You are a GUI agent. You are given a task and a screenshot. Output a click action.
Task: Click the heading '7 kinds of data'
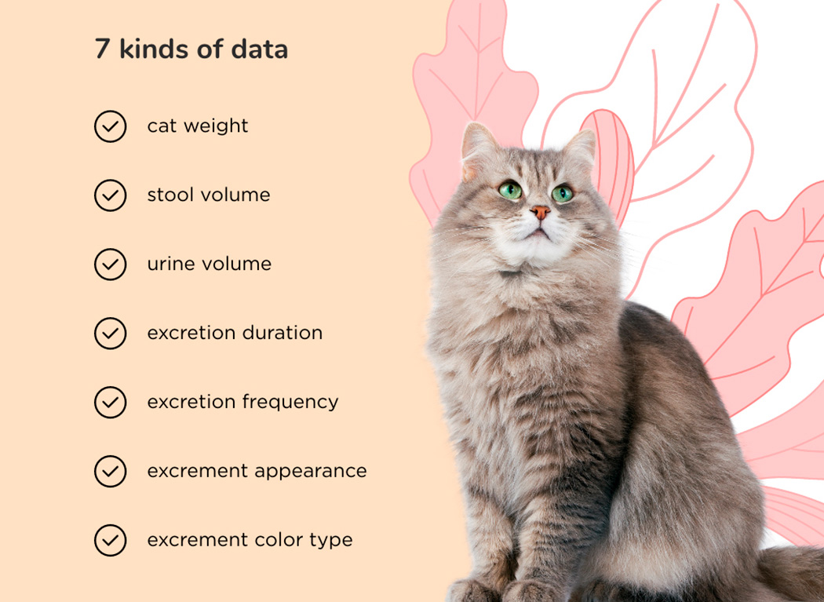[191, 49]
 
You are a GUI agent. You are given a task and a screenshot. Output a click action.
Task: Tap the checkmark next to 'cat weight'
[111, 126]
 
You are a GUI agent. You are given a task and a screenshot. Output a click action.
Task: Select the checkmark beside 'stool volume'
[111, 195]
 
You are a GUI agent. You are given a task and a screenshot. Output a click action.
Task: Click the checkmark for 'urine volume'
[111, 265]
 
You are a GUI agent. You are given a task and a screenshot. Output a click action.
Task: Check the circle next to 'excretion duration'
[111, 334]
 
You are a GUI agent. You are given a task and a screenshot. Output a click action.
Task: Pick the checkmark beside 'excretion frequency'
[111, 402]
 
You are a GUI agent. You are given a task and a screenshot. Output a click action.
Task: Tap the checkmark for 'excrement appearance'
[111, 471]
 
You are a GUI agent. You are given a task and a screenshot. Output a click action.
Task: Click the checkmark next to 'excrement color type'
[111, 540]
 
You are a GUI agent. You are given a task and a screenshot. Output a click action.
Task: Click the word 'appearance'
[311, 472]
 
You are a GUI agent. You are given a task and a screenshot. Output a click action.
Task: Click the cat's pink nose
[540, 213]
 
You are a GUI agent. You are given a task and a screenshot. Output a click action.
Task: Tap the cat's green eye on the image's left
[510, 190]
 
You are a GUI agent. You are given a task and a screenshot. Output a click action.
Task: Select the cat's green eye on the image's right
[563, 194]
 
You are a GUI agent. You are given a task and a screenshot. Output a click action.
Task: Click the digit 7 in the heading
[102, 49]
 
